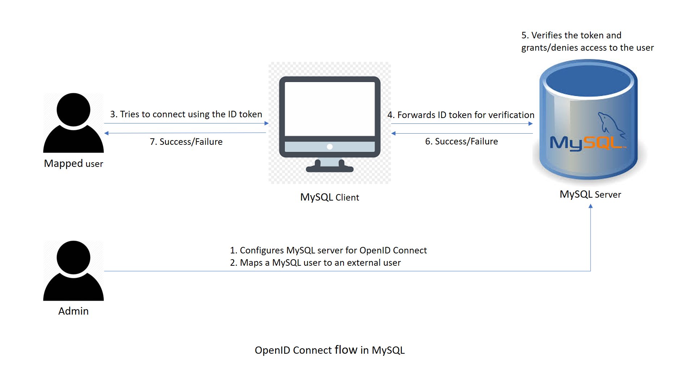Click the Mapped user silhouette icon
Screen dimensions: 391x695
pos(73,123)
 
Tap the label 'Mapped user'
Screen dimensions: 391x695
pos(73,164)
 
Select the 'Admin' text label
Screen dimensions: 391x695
pos(73,311)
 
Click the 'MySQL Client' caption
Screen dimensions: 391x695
pos(329,197)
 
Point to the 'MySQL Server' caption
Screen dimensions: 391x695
pos(590,194)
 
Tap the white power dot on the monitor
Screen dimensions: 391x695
pos(329,147)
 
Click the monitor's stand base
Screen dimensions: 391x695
pos(329,169)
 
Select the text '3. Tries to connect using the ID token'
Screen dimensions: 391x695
pos(186,114)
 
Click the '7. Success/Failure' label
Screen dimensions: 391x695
pos(186,142)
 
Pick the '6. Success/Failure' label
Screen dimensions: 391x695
pos(461,141)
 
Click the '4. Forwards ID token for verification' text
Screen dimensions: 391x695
pos(461,115)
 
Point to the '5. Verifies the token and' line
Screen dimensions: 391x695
pos(571,35)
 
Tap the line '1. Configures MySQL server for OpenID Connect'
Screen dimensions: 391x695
pos(328,251)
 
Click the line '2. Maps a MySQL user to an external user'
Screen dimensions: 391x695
pos(315,263)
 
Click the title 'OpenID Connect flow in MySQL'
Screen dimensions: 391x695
pos(329,350)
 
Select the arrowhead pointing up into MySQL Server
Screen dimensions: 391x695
pos(590,206)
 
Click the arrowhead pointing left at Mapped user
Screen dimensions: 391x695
pos(106,133)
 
